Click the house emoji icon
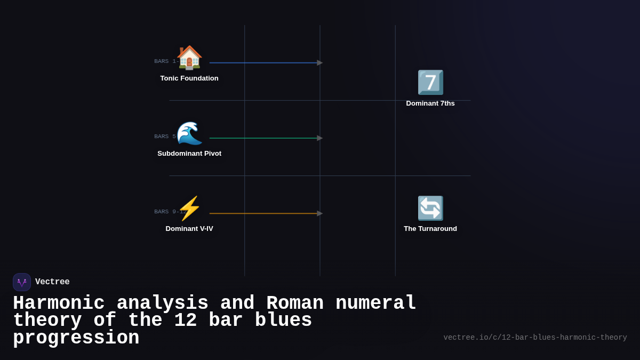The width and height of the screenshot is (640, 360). pos(189,58)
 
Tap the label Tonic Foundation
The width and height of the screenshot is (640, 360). pos(189,78)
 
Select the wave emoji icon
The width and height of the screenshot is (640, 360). pos(189,133)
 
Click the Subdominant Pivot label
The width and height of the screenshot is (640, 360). pos(189,154)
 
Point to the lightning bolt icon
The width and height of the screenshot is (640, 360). pos(189,209)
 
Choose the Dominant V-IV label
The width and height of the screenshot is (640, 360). pos(189,229)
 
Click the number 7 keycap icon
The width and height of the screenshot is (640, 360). pos(430,83)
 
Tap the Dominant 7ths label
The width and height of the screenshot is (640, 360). pos(430,103)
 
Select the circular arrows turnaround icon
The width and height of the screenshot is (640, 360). pos(430,209)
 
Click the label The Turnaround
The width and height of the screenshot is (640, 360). pos(430,229)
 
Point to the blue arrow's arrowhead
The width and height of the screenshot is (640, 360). pos(319,63)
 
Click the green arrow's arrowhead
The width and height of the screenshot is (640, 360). pos(319,138)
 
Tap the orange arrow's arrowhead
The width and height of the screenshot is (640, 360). pos(319,213)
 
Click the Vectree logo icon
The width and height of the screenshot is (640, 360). pos(22,282)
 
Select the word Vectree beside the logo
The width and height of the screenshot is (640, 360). pos(52,282)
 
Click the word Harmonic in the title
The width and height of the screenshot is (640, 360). pos(59,303)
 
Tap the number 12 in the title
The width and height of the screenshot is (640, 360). pos(186,321)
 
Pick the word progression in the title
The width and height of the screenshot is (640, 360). pos(76,338)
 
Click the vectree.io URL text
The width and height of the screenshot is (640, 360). pos(535,338)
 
